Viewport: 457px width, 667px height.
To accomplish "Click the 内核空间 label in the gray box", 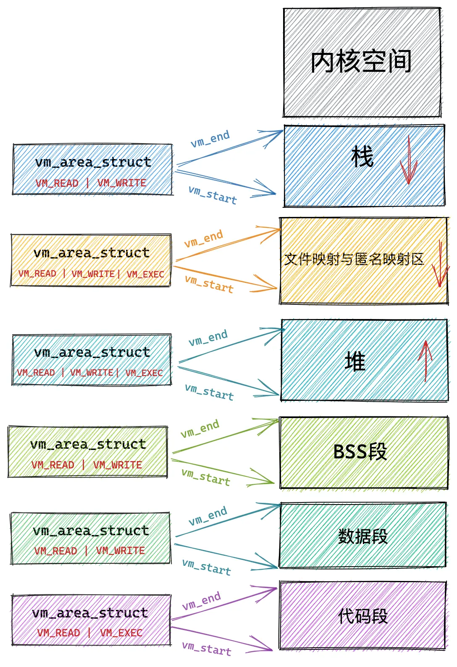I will click(x=361, y=61).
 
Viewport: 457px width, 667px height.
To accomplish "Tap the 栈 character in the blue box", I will click(x=362, y=157).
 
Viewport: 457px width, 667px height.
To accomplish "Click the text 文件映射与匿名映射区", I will click(x=354, y=259).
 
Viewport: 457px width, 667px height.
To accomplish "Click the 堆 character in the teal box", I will click(x=355, y=361).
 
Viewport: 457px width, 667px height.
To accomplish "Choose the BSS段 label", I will click(x=360, y=452).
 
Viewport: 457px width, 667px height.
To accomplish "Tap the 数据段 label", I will click(x=363, y=536).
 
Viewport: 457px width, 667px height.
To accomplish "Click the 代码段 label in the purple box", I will click(x=363, y=616).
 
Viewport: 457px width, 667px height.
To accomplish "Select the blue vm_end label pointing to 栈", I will click(x=210, y=139).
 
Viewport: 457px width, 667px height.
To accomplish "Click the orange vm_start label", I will click(x=209, y=284).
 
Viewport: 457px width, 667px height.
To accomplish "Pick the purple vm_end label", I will click(x=202, y=601).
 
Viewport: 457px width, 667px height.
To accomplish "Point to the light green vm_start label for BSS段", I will click(x=206, y=477).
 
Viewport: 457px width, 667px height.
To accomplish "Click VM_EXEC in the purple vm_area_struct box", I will click(x=121, y=633).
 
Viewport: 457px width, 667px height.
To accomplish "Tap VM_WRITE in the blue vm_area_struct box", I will click(x=122, y=183).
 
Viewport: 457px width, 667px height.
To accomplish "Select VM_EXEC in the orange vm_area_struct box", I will click(x=145, y=274).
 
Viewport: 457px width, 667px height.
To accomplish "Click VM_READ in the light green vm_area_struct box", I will click(x=53, y=465).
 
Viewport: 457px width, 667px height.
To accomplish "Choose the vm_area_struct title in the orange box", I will click(x=92, y=253).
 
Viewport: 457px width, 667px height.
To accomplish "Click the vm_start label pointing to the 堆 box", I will click(x=209, y=392).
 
